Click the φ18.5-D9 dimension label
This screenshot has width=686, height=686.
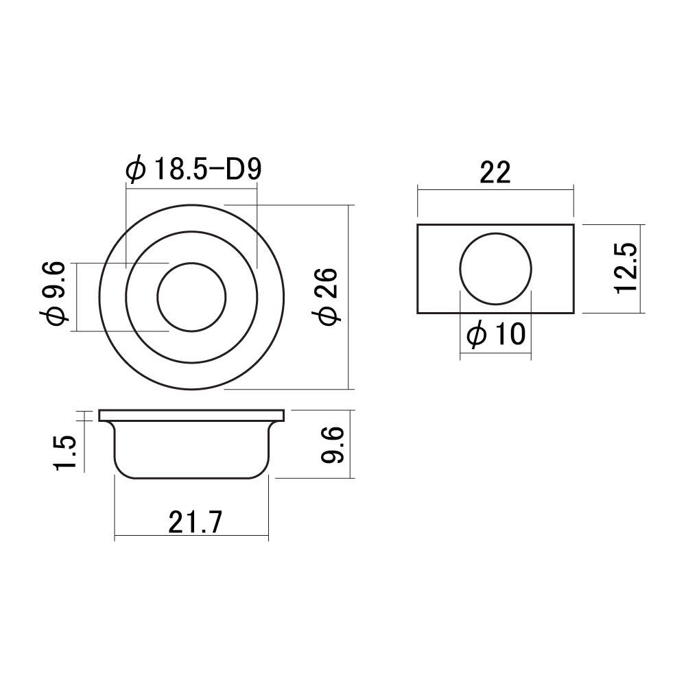pos(193,169)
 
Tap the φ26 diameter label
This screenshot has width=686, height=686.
pos(329,297)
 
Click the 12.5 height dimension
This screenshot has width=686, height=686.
pos(626,268)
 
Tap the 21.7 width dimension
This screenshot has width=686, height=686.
pos(196,521)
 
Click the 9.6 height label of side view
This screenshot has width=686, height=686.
pos(333,445)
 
